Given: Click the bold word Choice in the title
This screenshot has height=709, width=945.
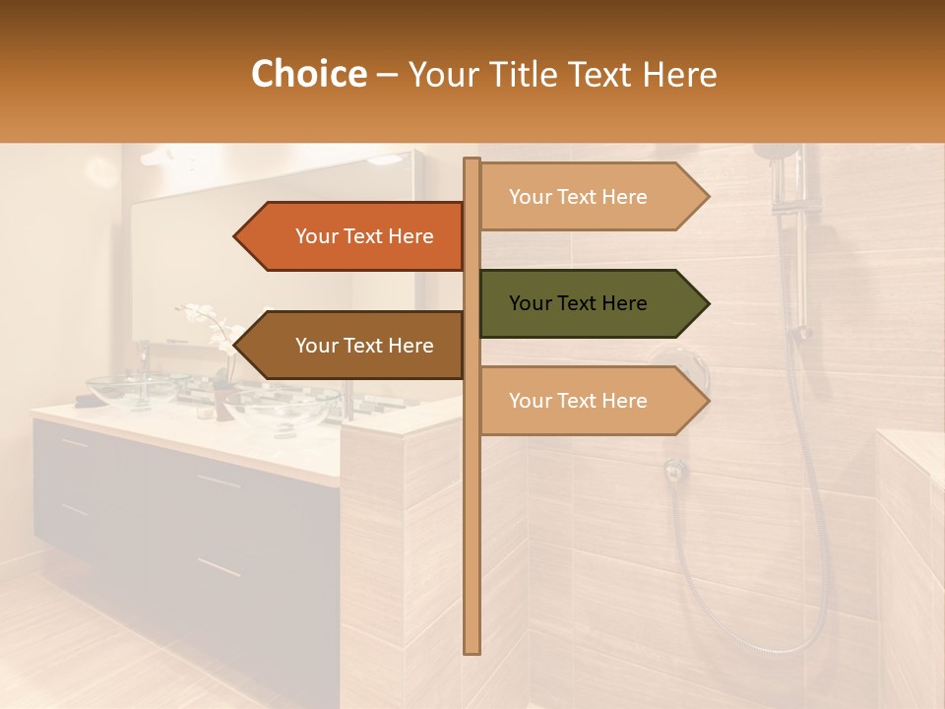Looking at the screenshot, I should (x=308, y=74).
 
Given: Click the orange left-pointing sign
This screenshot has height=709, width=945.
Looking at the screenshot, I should (x=354, y=236).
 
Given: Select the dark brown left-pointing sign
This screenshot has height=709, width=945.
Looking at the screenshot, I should (x=354, y=346).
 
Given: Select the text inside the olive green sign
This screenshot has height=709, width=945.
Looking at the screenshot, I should (x=578, y=303).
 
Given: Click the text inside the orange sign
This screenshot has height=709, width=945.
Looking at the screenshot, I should (x=364, y=236).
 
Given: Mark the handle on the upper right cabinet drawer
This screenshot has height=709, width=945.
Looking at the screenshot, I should (x=219, y=482).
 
